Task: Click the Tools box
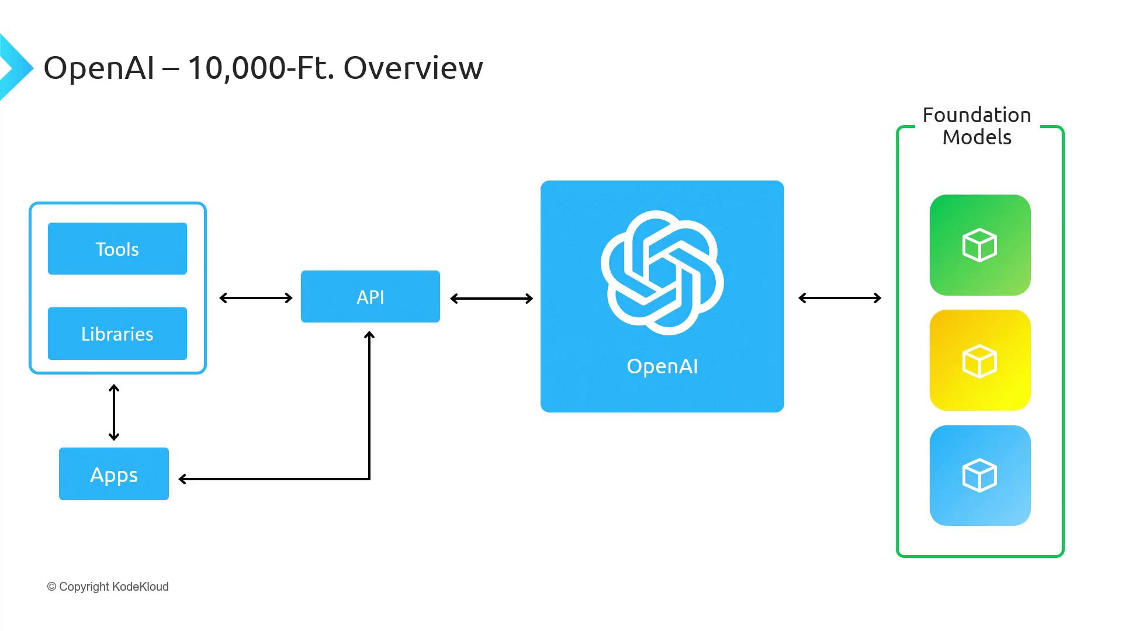click(117, 249)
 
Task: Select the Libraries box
click(117, 334)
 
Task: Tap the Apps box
click(114, 474)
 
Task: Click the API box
click(370, 297)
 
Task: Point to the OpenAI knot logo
click(662, 272)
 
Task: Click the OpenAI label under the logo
click(662, 366)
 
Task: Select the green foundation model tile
click(980, 245)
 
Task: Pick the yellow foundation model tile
click(980, 360)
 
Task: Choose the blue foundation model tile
click(980, 476)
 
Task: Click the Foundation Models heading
click(977, 126)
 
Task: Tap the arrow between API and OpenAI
click(491, 299)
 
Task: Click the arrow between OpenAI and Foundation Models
click(840, 298)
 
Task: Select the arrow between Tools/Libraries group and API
click(255, 298)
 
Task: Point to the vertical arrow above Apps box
click(114, 412)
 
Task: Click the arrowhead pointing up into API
click(369, 335)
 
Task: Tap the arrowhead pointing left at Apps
click(183, 479)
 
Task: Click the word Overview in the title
click(413, 68)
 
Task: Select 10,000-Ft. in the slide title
click(261, 68)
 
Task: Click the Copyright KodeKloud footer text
click(108, 587)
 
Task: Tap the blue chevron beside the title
click(14, 68)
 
